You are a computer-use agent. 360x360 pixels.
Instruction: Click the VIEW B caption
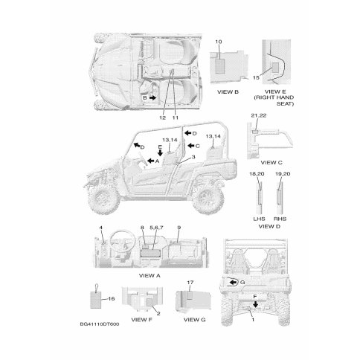pos(228,92)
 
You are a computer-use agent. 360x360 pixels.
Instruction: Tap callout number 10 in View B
pos(219,42)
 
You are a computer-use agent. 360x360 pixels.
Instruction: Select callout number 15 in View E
pos(256,77)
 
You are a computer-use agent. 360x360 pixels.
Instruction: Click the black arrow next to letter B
pos(152,97)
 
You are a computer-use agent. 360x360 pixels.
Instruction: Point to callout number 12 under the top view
pos(162,118)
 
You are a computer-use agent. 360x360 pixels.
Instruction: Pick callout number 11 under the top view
pos(176,118)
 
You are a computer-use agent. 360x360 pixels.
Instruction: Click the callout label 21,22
pos(259,115)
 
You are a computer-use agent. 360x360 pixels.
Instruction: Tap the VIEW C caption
pos(271,163)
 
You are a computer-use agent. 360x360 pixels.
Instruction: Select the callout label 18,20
pos(257,174)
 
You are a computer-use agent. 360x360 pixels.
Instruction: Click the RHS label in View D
pos(280,219)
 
